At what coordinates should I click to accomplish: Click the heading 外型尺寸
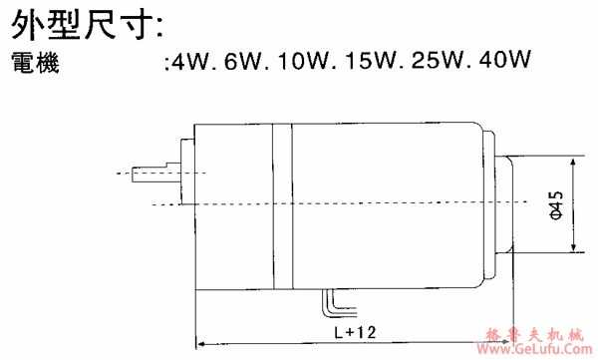tap(87, 25)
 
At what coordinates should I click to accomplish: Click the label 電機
tap(35, 63)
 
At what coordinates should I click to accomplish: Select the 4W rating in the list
tap(189, 61)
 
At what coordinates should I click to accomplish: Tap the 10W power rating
tap(303, 61)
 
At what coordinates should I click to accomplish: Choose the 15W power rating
tap(371, 61)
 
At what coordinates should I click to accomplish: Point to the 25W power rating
tap(438, 61)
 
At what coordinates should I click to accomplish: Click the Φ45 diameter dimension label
tap(556, 204)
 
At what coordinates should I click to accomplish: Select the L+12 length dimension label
tap(355, 332)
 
